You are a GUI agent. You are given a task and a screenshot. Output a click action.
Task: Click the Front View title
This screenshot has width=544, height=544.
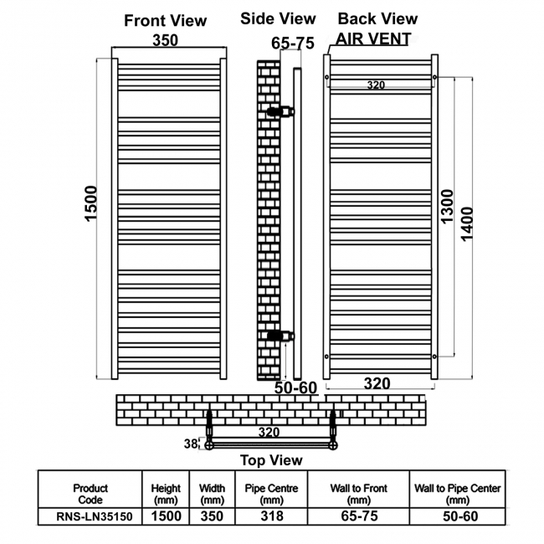coord(165,20)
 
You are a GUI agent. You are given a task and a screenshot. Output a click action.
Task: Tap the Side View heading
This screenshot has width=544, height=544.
coord(278,18)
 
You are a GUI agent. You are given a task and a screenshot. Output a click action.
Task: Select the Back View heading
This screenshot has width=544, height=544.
coord(377,18)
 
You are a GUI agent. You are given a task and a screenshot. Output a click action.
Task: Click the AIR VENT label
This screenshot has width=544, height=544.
coord(373,38)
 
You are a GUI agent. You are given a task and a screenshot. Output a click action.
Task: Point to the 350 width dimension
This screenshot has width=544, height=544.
coord(166,40)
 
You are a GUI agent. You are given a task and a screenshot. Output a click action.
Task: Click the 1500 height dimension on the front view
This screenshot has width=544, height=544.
coord(91,203)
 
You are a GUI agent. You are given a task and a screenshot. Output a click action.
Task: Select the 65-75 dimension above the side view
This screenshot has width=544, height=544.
coord(292,44)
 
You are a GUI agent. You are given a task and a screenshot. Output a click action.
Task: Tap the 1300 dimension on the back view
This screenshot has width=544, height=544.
coord(447,206)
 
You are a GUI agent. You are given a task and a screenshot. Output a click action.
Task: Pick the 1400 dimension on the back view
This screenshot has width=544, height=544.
coord(467,223)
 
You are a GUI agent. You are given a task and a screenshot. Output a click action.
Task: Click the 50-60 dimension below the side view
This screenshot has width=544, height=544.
coord(295,387)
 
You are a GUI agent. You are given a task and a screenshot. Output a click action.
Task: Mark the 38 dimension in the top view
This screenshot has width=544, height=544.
coord(191,444)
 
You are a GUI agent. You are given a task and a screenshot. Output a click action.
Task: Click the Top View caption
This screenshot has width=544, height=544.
coord(271,460)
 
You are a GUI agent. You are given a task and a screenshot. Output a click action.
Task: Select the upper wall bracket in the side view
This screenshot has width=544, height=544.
coord(280,111)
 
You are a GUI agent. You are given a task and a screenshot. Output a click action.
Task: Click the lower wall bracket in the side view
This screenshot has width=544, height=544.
coord(280,336)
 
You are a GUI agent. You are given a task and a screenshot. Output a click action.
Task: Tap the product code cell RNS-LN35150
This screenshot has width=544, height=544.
coord(95,516)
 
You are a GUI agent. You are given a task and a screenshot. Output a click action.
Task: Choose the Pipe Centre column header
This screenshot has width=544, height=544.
coord(271,494)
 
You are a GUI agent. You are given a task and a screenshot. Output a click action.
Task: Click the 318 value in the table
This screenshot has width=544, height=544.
coord(272,516)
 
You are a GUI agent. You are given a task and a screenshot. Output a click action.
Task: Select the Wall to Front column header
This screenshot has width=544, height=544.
coord(359,494)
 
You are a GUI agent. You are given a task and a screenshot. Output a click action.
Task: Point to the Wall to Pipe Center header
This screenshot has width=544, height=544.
coord(458,494)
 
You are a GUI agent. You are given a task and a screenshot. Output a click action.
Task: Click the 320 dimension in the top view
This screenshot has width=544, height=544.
coord(269,433)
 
